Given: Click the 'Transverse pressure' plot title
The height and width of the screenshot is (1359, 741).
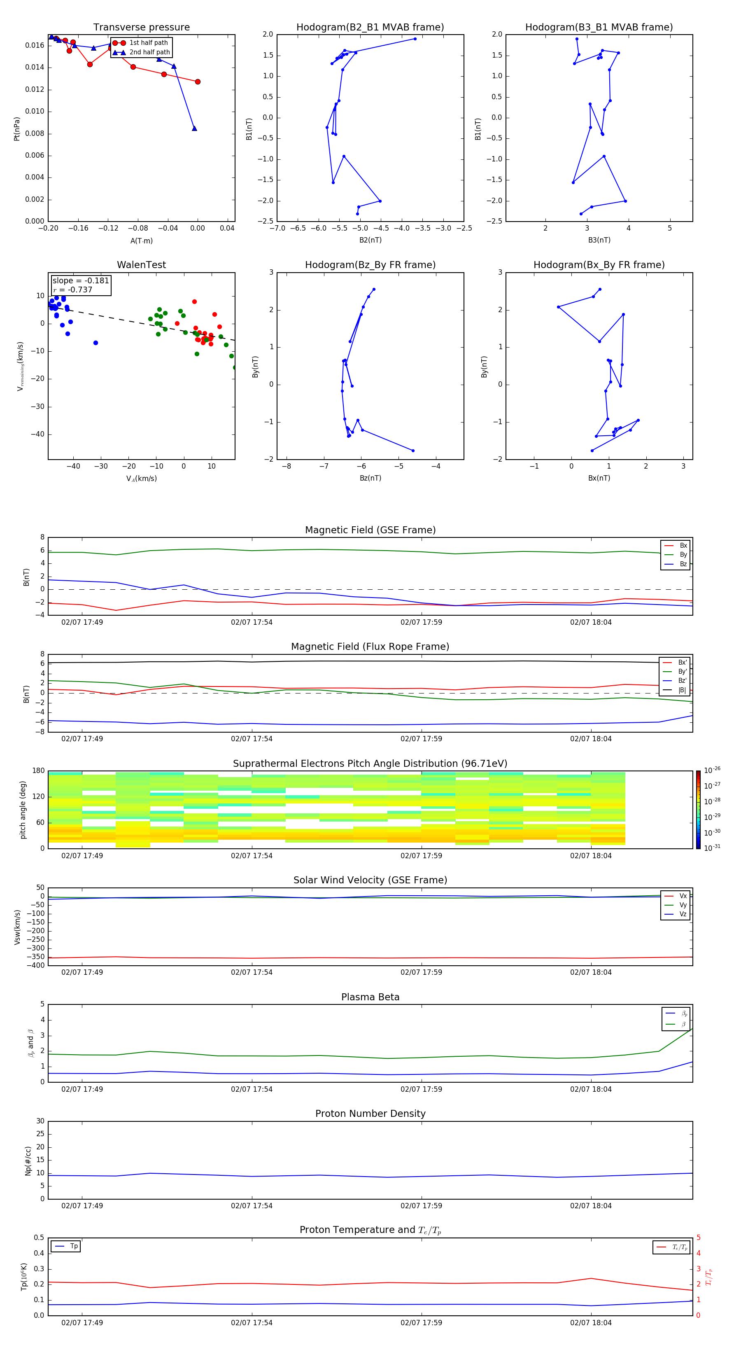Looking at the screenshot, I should [x=141, y=28].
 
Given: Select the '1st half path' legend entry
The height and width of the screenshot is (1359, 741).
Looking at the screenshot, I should [x=148, y=43].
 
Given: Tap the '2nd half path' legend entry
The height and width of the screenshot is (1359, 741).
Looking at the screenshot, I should [x=149, y=52].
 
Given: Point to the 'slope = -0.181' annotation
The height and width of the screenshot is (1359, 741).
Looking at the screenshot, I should [x=81, y=281].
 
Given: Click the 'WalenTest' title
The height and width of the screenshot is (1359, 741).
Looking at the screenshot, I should [x=141, y=265].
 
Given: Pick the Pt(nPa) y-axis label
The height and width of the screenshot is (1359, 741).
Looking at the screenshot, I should [x=16, y=129].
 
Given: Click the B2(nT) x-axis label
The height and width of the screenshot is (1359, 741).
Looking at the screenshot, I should [x=370, y=240].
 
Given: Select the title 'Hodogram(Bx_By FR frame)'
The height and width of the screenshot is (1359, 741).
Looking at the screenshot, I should [x=599, y=265].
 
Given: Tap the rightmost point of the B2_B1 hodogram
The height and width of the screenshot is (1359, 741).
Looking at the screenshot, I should [x=415, y=39].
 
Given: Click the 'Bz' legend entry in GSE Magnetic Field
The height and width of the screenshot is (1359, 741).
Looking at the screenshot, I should [x=683, y=564].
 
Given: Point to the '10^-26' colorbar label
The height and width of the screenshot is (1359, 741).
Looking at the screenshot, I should [x=712, y=770].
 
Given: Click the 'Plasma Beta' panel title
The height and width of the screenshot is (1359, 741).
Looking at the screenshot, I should [x=370, y=997].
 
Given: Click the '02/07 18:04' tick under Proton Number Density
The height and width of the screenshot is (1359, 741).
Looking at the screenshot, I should [x=591, y=1205].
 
